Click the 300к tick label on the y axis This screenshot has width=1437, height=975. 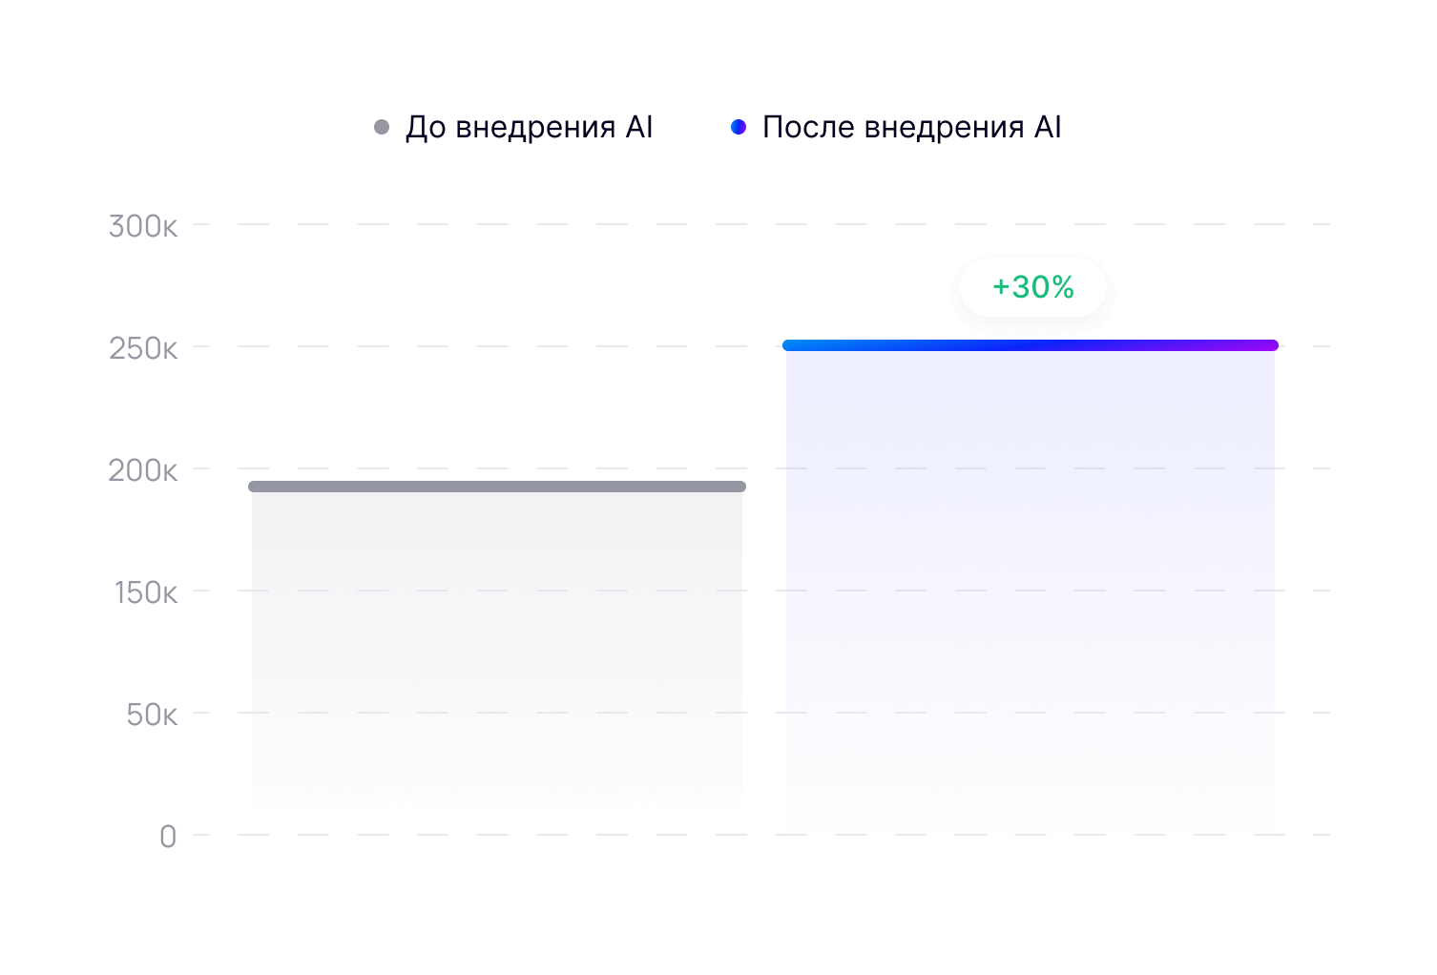pos(143,226)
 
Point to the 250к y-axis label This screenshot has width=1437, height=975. pos(143,348)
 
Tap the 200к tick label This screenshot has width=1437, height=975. pos(143,470)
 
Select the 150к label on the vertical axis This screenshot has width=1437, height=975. pos(146,592)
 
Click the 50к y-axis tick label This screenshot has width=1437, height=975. pos(152,715)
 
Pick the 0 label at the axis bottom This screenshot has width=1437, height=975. pos(168,837)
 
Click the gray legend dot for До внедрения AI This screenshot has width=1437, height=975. pos(382,127)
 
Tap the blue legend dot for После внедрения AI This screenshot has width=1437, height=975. pos(738,127)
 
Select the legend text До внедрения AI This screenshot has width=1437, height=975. pos(530,127)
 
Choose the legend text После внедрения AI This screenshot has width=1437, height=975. pos(912,127)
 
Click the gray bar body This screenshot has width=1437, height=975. pos(496,649)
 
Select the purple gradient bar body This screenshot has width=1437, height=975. pos(1031,591)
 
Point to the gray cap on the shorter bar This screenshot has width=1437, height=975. pos(496,487)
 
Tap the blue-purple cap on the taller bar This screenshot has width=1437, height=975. pos(1031,345)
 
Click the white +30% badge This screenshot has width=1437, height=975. pos(1033,287)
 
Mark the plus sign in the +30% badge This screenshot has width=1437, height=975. pos(1000,287)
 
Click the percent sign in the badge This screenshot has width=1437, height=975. pos(1063,287)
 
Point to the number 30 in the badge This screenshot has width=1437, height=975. pos(1030,287)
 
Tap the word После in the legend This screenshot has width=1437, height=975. pos(807,127)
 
